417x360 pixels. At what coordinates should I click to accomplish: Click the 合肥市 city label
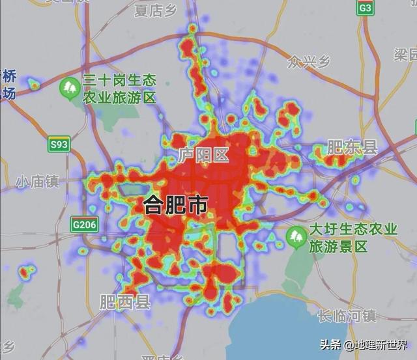coord(175,206)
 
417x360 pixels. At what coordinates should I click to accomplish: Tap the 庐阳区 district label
coord(203,156)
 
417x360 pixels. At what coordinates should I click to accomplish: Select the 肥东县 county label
coord(352,148)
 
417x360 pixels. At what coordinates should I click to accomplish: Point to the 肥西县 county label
coord(125,302)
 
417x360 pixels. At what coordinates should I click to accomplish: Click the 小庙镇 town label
coord(38,180)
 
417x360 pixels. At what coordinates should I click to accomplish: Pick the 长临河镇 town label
coord(347,316)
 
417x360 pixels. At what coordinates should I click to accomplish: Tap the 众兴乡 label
coord(309,62)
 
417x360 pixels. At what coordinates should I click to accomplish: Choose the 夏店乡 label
coord(156,10)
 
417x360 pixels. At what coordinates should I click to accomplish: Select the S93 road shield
coord(59,145)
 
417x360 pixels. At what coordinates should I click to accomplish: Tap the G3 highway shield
coord(366,8)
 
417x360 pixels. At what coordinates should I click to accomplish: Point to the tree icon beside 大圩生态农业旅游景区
coord(297,236)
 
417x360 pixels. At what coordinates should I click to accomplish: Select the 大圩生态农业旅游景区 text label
coord(352,238)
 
